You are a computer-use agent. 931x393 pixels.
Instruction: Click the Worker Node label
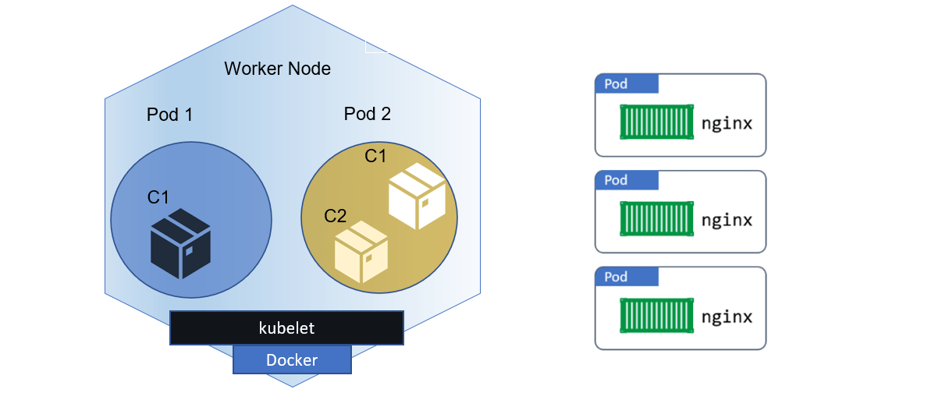(277, 69)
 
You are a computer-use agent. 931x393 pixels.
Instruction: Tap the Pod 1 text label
(169, 115)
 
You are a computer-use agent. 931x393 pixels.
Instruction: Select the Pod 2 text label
(367, 114)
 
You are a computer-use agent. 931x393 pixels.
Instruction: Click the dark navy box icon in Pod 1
(180, 243)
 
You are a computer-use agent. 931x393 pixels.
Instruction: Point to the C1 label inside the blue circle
(158, 197)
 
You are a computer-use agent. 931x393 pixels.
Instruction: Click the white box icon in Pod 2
(417, 196)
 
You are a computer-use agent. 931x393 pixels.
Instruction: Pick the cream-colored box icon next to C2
(361, 252)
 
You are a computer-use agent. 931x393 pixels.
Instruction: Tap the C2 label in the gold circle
(336, 216)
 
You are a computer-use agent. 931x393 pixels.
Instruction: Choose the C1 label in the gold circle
(375, 156)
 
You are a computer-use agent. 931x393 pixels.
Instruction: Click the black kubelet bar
(286, 328)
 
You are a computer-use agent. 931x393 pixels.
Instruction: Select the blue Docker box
(292, 359)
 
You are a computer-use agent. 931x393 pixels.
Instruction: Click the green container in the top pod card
(656, 122)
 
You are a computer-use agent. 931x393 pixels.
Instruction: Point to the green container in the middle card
(656, 219)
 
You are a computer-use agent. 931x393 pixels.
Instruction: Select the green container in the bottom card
(656, 316)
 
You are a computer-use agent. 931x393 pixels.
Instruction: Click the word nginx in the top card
(727, 123)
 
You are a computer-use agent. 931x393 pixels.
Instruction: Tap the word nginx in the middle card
(727, 220)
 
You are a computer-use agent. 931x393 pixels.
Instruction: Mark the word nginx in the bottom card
(727, 317)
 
